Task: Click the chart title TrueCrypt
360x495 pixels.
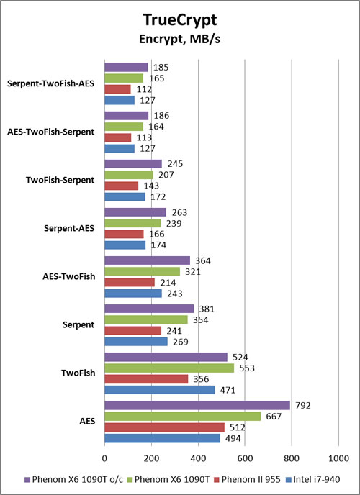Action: [x=180, y=20]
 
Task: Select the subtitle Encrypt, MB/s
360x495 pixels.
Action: [x=180, y=39]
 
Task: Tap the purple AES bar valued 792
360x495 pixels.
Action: [x=197, y=405]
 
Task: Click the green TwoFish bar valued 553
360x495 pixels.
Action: [x=169, y=368]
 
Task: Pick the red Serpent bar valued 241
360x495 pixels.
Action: [x=133, y=330]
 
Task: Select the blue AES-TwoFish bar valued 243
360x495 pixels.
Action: [x=133, y=294]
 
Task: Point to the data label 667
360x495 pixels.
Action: [x=274, y=417]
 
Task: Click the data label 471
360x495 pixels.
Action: [x=228, y=390]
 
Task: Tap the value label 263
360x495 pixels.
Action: [x=179, y=212]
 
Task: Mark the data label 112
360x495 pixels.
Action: [x=144, y=90]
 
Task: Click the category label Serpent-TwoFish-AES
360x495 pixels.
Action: [x=50, y=84]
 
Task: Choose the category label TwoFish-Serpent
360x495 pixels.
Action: [x=60, y=180]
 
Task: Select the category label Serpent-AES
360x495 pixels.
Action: [x=69, y=228]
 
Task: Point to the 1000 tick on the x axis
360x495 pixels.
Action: [x=338, y=458]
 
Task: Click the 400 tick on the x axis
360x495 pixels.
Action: [x=198, y=458]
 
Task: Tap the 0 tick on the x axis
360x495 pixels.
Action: [x=104, y=458]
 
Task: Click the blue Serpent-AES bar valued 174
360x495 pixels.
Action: [x=125, y=245]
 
